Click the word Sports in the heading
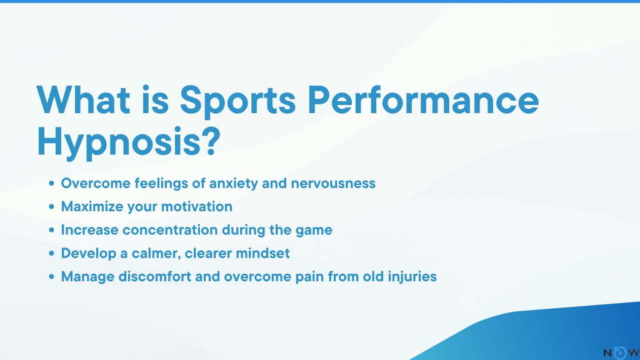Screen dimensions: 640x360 pyautogui.click(x=237, y=101)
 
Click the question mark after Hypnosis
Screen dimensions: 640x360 pyautogui.click(x=211, y=141)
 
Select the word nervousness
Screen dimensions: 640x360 pyautogui.click(x=333, y=184)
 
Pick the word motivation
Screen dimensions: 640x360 pyautogui.click(x=197, y=206)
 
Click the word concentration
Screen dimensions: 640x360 pyautogui.click(x=170, y=230)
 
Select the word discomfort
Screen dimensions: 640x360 pyautogui.click(x=155, y=277)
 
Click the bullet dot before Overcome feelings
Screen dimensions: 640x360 pyautogui.click(x=51, y=184)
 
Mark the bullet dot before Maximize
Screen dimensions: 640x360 pyautogui.click(x=51, y=207)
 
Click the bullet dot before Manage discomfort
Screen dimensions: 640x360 pyautogui.click(x=51, y=277)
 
